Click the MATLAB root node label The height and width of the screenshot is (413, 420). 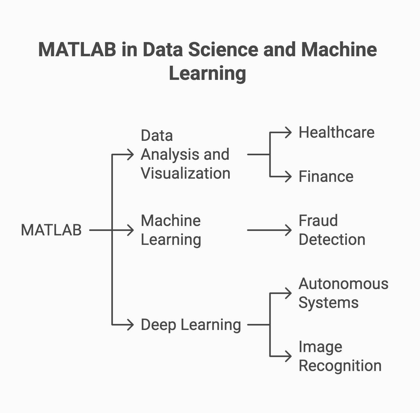pyautogui.click(x=51, y=230)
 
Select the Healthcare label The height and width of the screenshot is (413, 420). pyautogui.click(x=336, y=132)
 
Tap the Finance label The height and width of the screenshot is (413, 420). pyautogui.click(x=326, y=176)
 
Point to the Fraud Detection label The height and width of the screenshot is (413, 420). pyautogui.click(x=332, y=230)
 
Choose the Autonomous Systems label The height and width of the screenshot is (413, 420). pyautogui.click(x=343, y=293)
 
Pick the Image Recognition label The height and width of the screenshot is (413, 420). pyautogui.click(x=340, y=356)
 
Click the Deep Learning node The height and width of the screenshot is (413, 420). pyautogui.click(x=191, y=325)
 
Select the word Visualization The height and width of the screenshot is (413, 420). pyautogui.click(x=186, y=173)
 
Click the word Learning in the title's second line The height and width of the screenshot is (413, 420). pyautogui.click(x=207, y=74)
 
